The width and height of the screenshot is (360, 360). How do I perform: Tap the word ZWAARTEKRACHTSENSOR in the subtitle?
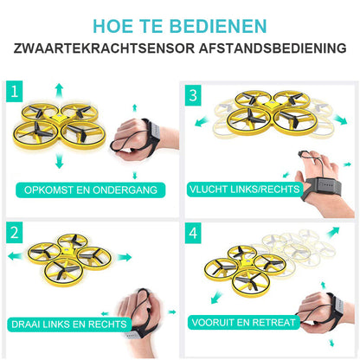point(104,48)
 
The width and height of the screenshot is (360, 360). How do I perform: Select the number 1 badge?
point(15,92)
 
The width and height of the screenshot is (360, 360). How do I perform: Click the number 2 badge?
point(15,233)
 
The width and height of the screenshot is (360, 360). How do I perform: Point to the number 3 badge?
point(193,95)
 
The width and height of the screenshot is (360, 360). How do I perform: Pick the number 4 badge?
point(193,233)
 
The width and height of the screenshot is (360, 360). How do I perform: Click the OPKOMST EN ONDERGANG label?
point(91,190)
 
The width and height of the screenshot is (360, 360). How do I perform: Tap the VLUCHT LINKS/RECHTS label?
point(245,190)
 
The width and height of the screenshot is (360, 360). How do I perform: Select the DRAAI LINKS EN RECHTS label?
point(69,325)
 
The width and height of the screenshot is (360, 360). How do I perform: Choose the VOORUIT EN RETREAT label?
point(244,322)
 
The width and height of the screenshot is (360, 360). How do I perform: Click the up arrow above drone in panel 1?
point(59,90)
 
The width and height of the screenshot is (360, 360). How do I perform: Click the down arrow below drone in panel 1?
point(59,161)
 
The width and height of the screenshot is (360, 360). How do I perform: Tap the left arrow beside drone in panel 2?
point(16,256)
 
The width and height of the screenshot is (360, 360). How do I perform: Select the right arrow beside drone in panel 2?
point(125,257)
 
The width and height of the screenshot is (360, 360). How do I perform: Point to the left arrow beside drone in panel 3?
point(202,121)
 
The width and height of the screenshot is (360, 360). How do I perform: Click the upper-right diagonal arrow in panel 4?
point(333,232)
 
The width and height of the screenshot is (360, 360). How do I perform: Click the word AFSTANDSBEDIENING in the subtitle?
point(273,48)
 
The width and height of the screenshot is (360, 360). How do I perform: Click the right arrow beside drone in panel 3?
point(340,119)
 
